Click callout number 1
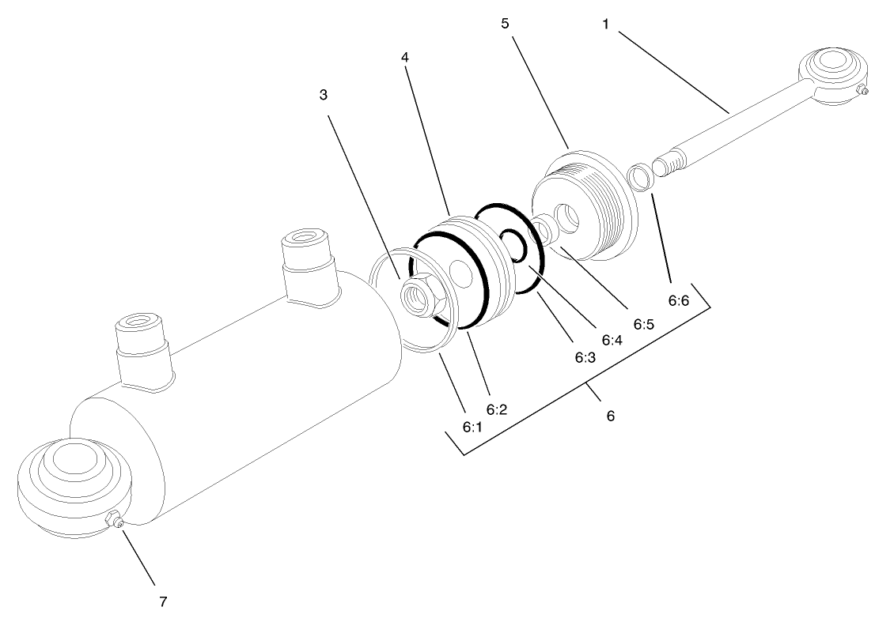pyautogui.click(x=606, y=24)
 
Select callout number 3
pyautogui.click(x=324, y=95)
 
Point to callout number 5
pyautogui.click(x=505, y=23)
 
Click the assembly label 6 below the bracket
pyautogui.click(x=610, y=415)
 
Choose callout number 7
pyautogui.click(x=163, y=601)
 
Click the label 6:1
pyautogui.click(x=472, y=426)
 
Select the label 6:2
pyautogui.click(x=496, y=409)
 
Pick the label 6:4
pyautogui.click(x=612, y=340)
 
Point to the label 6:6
pyautogui.click(x=680, y=302)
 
